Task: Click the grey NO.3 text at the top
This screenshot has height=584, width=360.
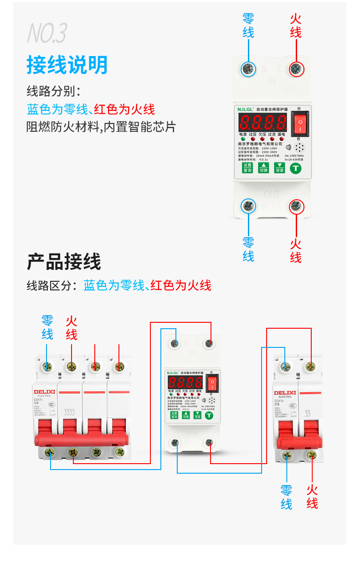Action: [47, 33]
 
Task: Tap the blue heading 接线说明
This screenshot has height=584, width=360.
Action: [67, 65]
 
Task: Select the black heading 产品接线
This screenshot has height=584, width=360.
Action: [64, 262]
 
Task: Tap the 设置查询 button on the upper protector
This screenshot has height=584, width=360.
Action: [247, 168]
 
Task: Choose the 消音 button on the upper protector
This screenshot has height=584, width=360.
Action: [279, 168]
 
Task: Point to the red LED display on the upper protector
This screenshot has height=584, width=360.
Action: [263, 122]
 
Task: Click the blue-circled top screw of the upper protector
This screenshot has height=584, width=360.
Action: [248, 69]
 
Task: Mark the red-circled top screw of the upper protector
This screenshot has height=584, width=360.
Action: [296, 69]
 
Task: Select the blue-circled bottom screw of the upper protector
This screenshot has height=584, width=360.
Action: [248, 206]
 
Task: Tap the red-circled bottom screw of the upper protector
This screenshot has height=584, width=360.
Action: [296, 206]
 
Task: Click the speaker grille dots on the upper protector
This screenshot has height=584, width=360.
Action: [299, 148]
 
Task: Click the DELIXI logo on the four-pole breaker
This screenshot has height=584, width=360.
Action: [44, 392]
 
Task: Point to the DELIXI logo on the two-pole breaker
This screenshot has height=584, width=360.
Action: [285, 393]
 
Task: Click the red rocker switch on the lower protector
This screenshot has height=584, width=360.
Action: [212, 384]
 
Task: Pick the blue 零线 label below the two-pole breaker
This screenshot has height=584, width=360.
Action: [286, 497]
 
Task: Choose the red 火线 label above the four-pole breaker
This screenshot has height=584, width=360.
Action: [72, 328]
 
